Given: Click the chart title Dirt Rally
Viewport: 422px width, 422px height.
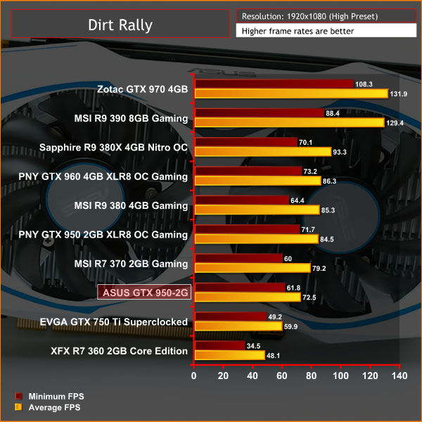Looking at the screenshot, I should coord(120,25).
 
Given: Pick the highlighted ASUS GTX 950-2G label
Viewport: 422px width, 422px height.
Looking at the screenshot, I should coord(143,293).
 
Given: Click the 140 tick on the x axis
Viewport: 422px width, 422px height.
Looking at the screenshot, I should coord(399,376).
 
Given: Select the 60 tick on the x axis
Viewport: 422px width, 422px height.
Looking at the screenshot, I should coord(282,376).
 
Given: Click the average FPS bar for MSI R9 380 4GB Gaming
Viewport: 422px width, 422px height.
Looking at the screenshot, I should coord(257,210).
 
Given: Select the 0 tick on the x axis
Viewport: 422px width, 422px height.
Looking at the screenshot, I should coord(195,376).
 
